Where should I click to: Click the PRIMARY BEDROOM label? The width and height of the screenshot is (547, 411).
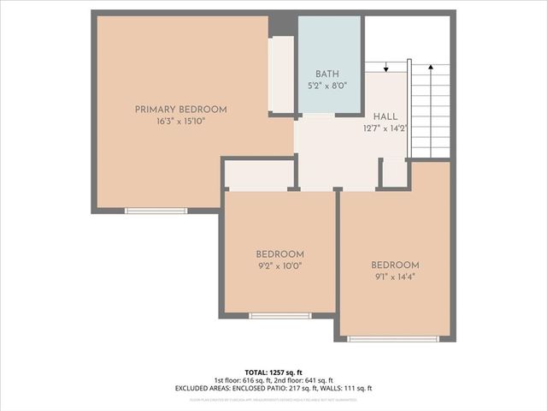(180, 110)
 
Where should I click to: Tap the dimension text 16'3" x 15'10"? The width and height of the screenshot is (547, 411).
(180, 122)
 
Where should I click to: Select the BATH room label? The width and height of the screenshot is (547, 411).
(327, 74)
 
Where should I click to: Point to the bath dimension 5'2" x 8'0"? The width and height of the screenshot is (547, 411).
(327, 86)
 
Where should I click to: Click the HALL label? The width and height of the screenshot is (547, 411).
(385, 116)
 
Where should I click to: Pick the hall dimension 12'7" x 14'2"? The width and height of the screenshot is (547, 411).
(385, 129)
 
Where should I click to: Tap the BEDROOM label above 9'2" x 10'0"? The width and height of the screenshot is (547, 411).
(279, 254)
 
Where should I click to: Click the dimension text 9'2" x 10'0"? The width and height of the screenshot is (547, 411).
(279, 266)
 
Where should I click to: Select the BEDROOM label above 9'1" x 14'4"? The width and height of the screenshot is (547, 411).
(395, 265)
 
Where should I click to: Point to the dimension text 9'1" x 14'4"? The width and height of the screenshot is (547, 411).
(395, 277)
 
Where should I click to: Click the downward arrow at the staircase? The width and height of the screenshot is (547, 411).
(386, 68)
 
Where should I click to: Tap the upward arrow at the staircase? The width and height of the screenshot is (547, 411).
(432, 68)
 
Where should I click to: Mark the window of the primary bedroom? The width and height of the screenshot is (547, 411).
(156, 211)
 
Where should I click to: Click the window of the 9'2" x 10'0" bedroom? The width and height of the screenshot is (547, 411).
(279, 316)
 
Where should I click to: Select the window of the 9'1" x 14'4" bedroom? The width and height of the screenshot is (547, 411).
(393, 339)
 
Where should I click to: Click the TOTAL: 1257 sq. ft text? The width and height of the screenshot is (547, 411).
(273, 372)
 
